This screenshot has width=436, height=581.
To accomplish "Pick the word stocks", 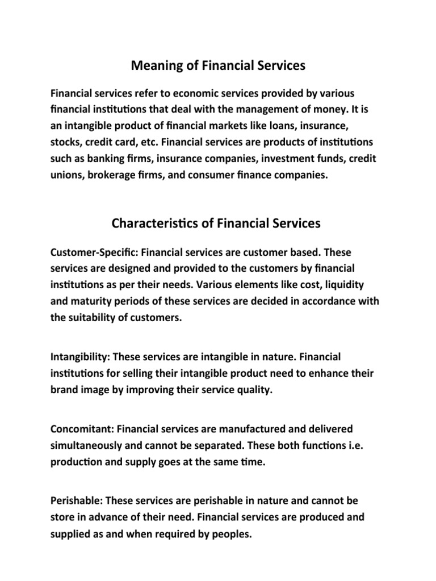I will (66, 140).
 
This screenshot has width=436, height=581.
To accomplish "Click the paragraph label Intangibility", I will (79, 357).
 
